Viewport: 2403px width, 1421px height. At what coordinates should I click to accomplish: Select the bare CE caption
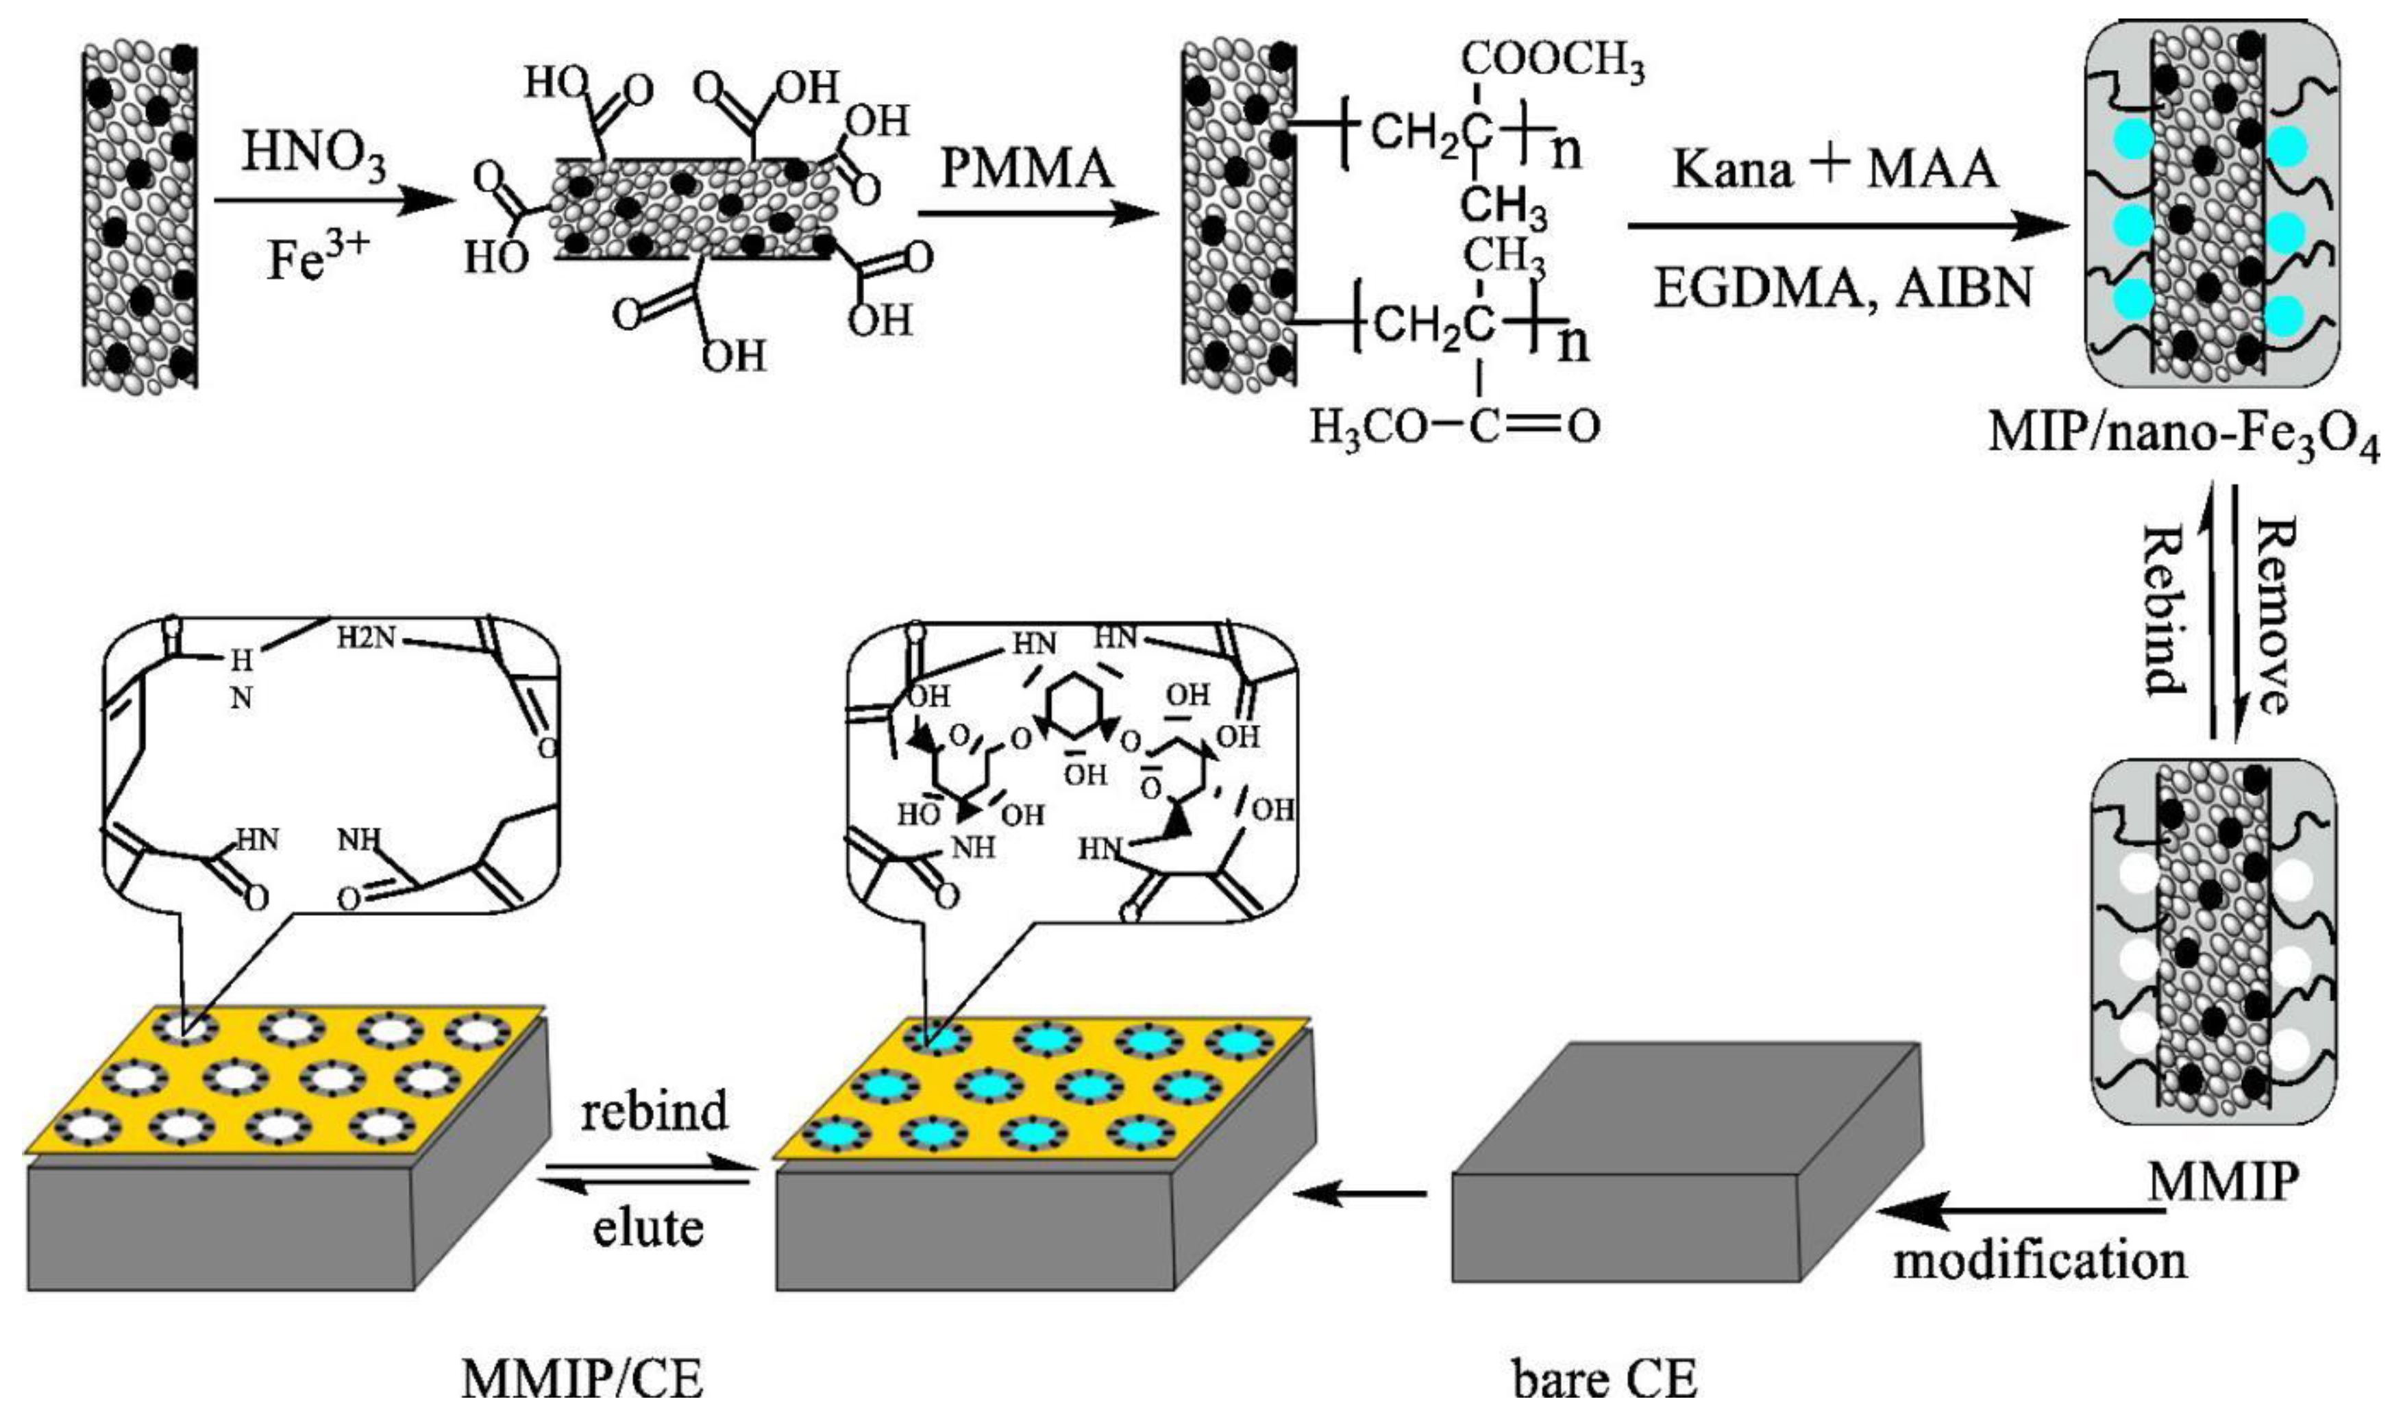click(1605, 1381)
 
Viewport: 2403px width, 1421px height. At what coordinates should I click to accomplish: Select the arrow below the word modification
click(2020, 1212)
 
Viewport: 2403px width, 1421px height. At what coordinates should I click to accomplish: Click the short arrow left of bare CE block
click(1359, 1193)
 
